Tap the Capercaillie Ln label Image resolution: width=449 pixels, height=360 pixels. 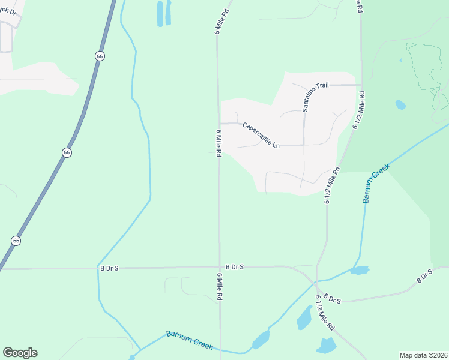(261, 136)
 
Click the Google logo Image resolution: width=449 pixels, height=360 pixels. (20, 353)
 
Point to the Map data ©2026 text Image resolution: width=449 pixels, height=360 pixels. (423, 355)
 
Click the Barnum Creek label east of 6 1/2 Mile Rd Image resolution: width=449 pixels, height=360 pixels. (376, 183)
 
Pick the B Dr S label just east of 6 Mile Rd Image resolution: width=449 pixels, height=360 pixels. (235, 266)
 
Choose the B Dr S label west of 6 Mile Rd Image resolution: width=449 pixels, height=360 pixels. (109, 268)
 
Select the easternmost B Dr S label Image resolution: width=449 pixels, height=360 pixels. (425, 277)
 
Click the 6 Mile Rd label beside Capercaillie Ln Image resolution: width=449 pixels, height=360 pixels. (218, 143)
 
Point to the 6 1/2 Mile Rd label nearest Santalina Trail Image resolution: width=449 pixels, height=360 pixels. (361, 109)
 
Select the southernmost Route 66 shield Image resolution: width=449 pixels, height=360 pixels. (16, 240)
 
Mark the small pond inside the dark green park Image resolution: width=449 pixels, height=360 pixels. (400, 105)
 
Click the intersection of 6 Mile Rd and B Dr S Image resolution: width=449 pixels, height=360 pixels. (219, 268)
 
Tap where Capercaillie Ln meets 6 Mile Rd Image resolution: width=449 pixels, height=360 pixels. (219, 124)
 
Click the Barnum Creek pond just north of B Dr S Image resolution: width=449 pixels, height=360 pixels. (359, 270)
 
